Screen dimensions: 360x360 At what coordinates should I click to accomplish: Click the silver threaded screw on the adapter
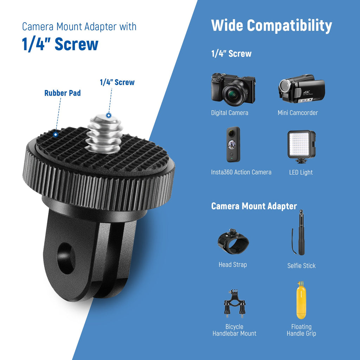click(x=104, y=134)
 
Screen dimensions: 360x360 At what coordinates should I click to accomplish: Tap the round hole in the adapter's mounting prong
click(x=66, y=258)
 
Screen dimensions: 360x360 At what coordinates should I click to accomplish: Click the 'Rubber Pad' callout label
click(x=63, y=93)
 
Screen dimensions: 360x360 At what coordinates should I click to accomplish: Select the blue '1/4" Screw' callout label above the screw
click(x=117, y=82)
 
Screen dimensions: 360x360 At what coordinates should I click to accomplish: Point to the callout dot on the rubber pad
click(x=56, y=135)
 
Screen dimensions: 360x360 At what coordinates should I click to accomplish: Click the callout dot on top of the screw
click(x=109, y=115)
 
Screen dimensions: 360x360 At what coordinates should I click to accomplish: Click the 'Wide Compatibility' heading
click(x=271, y=25)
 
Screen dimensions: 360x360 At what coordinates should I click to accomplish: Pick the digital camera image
click(x=233, y=88)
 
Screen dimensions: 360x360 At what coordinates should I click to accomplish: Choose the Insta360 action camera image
click(x=233, y=144)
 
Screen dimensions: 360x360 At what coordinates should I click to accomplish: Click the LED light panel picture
click(x=301, y=147)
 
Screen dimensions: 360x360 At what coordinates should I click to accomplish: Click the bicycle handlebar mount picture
click(x=234, y=304)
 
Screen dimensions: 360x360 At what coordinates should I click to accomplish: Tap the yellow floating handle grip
click(x=301, y=300)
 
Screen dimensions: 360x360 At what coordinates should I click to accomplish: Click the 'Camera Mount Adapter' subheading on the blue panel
click(x=254, y=206)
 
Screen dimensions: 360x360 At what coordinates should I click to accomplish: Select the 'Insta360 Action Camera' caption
click(x=241, y=172)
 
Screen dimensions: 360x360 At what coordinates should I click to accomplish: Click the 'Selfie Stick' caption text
click(x=301, y=266)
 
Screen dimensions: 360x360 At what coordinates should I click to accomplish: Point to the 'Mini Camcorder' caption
click(x=298, y=113)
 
